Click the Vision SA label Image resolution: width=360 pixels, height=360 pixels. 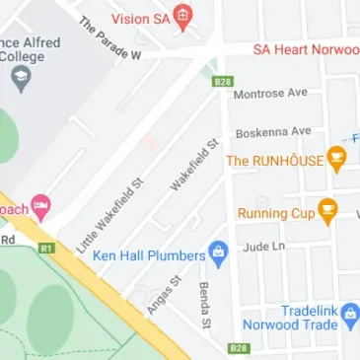[x=141, y=18]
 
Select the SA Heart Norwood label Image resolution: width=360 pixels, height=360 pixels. [x=306, y=48]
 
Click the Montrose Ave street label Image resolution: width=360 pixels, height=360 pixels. [x=270, y=94]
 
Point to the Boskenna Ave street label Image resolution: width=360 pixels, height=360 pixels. [x=272, y=131]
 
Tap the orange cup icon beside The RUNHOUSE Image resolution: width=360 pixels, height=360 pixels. [x=337, y=157]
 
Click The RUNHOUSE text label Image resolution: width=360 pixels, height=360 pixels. [x=275, y=159]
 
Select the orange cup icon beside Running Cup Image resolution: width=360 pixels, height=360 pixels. [x=326, y=208]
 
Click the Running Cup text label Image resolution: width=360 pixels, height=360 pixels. [x=276, y=211]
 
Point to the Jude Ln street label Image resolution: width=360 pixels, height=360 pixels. [x=264, y=247]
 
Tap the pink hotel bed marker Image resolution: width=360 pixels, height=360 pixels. [x=40, y=206]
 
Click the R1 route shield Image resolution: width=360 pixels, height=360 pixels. [x=45, y=251]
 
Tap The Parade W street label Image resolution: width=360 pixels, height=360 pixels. [x=110, y=36]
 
